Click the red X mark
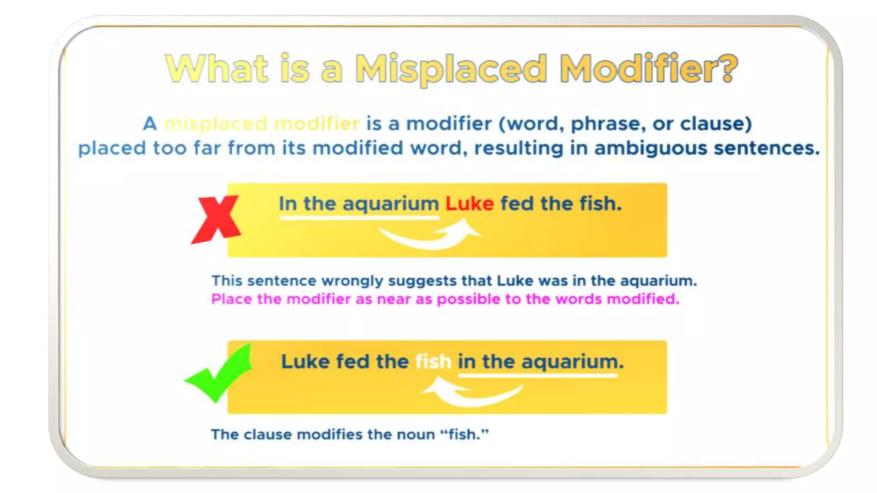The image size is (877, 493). pos(216,219)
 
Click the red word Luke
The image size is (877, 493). pos(469,204)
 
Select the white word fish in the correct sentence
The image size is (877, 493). pos(433,362)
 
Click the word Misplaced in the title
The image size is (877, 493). pos(451,69)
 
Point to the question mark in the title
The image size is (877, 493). pos(728,68)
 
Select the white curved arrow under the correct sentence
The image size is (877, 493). pos(471,392)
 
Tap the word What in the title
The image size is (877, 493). pos(217,68)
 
